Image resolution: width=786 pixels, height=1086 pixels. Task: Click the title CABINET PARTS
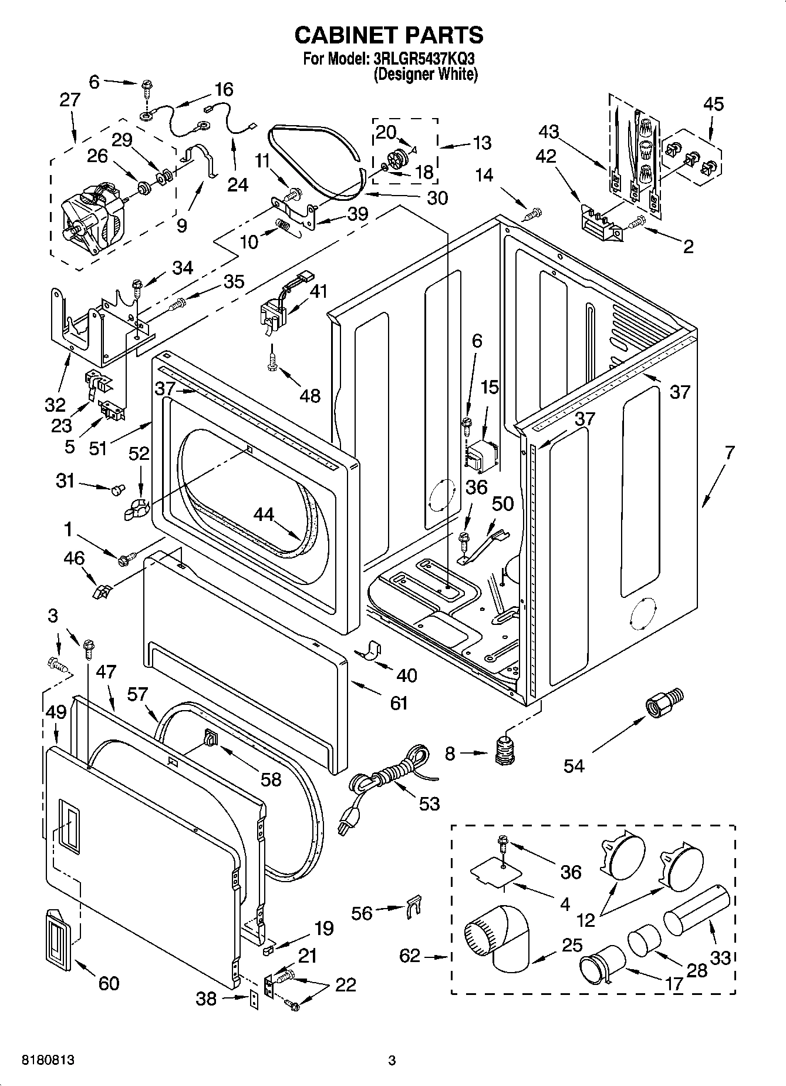pyautogui.click(x=389, y=35)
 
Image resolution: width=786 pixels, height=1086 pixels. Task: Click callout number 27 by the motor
pyautogui.click(x=70, y=100)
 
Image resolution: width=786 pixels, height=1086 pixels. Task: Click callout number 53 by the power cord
pyautogui.click(x=429, y=803)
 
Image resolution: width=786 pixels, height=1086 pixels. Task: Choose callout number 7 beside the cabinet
pyautogui.click(x=729, y=452)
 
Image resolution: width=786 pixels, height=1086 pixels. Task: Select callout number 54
pyautogui.click(x=574, y=765)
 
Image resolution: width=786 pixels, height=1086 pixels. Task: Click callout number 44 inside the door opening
pyautogui.click(x=264, y=514)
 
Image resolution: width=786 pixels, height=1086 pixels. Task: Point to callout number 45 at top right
pyautogui.click(x=713, y=104)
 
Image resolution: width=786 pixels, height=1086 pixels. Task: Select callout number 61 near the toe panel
pyautogui.click(x=399, y=703)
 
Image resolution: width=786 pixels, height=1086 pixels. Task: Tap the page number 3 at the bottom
pyautogui.click(x=392, y=1061)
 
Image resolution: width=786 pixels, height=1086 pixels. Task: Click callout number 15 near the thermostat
pyautogui.click(x=490, y=387)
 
